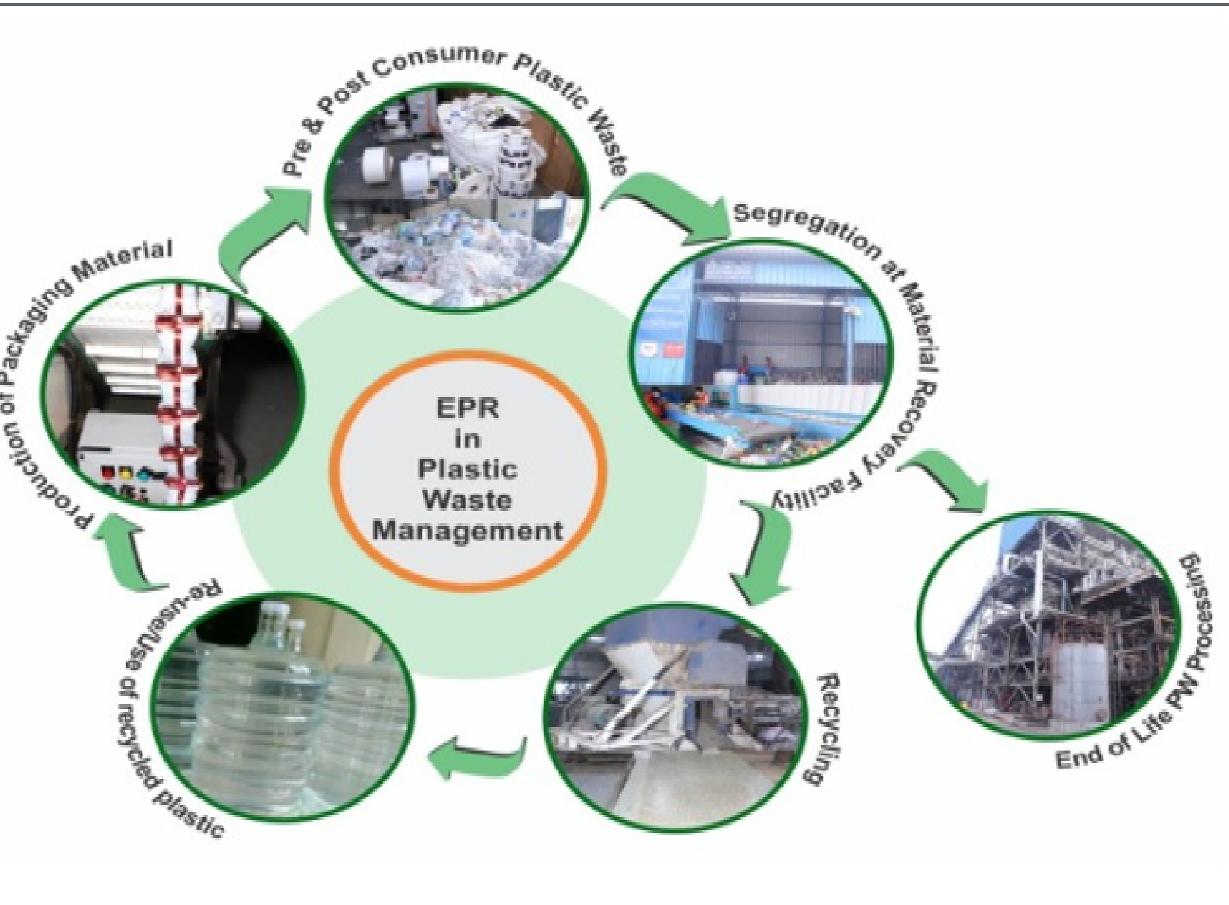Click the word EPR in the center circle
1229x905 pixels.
click(467, 408)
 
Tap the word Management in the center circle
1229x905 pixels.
click(468, 532)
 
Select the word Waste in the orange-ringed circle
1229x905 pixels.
click(467, 500)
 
